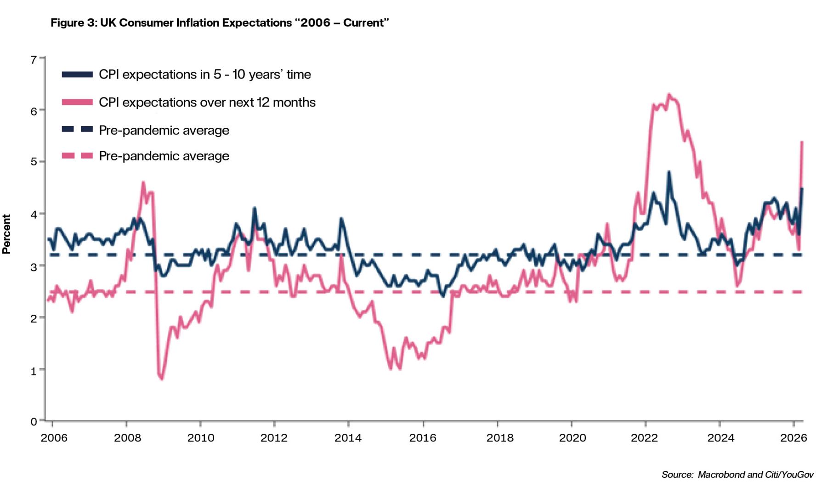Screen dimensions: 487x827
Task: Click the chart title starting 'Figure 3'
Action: (x=220, y=23)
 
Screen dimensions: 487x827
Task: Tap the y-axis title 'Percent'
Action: (x=6, y=234)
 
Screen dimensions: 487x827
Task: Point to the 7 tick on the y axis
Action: (x=34, y=60)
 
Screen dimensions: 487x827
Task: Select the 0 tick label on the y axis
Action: (x=34, y=421)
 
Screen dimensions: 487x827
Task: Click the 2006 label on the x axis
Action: (x=54, y=438)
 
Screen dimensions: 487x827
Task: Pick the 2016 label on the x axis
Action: (x=423, y=438)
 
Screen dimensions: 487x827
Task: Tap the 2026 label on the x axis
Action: (x=793, y=438)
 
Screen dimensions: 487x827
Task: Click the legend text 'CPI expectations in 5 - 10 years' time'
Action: (x=205, y=74)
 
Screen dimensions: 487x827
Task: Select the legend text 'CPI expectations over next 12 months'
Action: (x=207, y=102)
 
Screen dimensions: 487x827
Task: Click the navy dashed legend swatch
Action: (x=77, y=130)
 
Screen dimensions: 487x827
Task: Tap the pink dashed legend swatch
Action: (x=77, y=156)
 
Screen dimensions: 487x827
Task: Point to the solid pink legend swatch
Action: (x=77, y=102)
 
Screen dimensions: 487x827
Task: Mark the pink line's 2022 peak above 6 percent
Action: (x=669, y=95)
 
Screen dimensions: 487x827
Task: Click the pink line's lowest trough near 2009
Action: (x=162, y=379)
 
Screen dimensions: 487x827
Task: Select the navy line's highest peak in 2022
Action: (x=669, y=172)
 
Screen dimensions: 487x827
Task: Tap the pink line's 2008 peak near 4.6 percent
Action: (x=143, y=182)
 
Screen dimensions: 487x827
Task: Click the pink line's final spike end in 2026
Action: (x=802, y=142)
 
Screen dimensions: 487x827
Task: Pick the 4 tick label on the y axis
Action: (x=34, y=214)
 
